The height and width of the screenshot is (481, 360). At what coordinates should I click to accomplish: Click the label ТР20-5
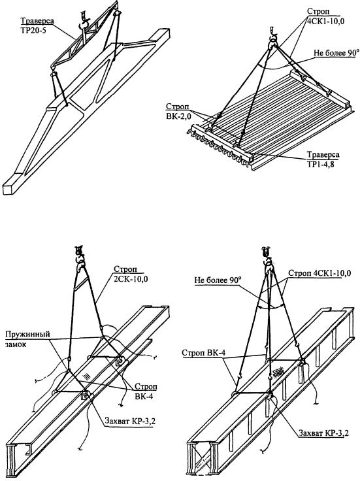[x=33, y=30]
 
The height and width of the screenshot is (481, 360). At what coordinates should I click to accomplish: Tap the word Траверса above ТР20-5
[x=37, y=21]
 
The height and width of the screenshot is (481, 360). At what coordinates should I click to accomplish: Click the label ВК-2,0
[x=178, y=115]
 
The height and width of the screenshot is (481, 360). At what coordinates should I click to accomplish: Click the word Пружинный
[x=27, y=334]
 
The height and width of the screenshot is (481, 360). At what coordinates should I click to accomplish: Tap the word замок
[x=16, y=344]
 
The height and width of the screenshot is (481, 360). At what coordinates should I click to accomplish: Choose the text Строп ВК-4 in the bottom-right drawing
[x=203, y=353]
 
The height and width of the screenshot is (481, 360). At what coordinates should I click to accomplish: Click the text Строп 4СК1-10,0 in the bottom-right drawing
[x=319, y=273]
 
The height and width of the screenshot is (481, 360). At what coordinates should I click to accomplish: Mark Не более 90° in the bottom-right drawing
[x=218, y=280]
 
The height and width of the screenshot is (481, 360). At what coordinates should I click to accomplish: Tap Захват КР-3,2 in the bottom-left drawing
[x=130, y=421]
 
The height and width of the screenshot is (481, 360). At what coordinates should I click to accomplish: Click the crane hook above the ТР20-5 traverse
[x=83, y=22]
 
